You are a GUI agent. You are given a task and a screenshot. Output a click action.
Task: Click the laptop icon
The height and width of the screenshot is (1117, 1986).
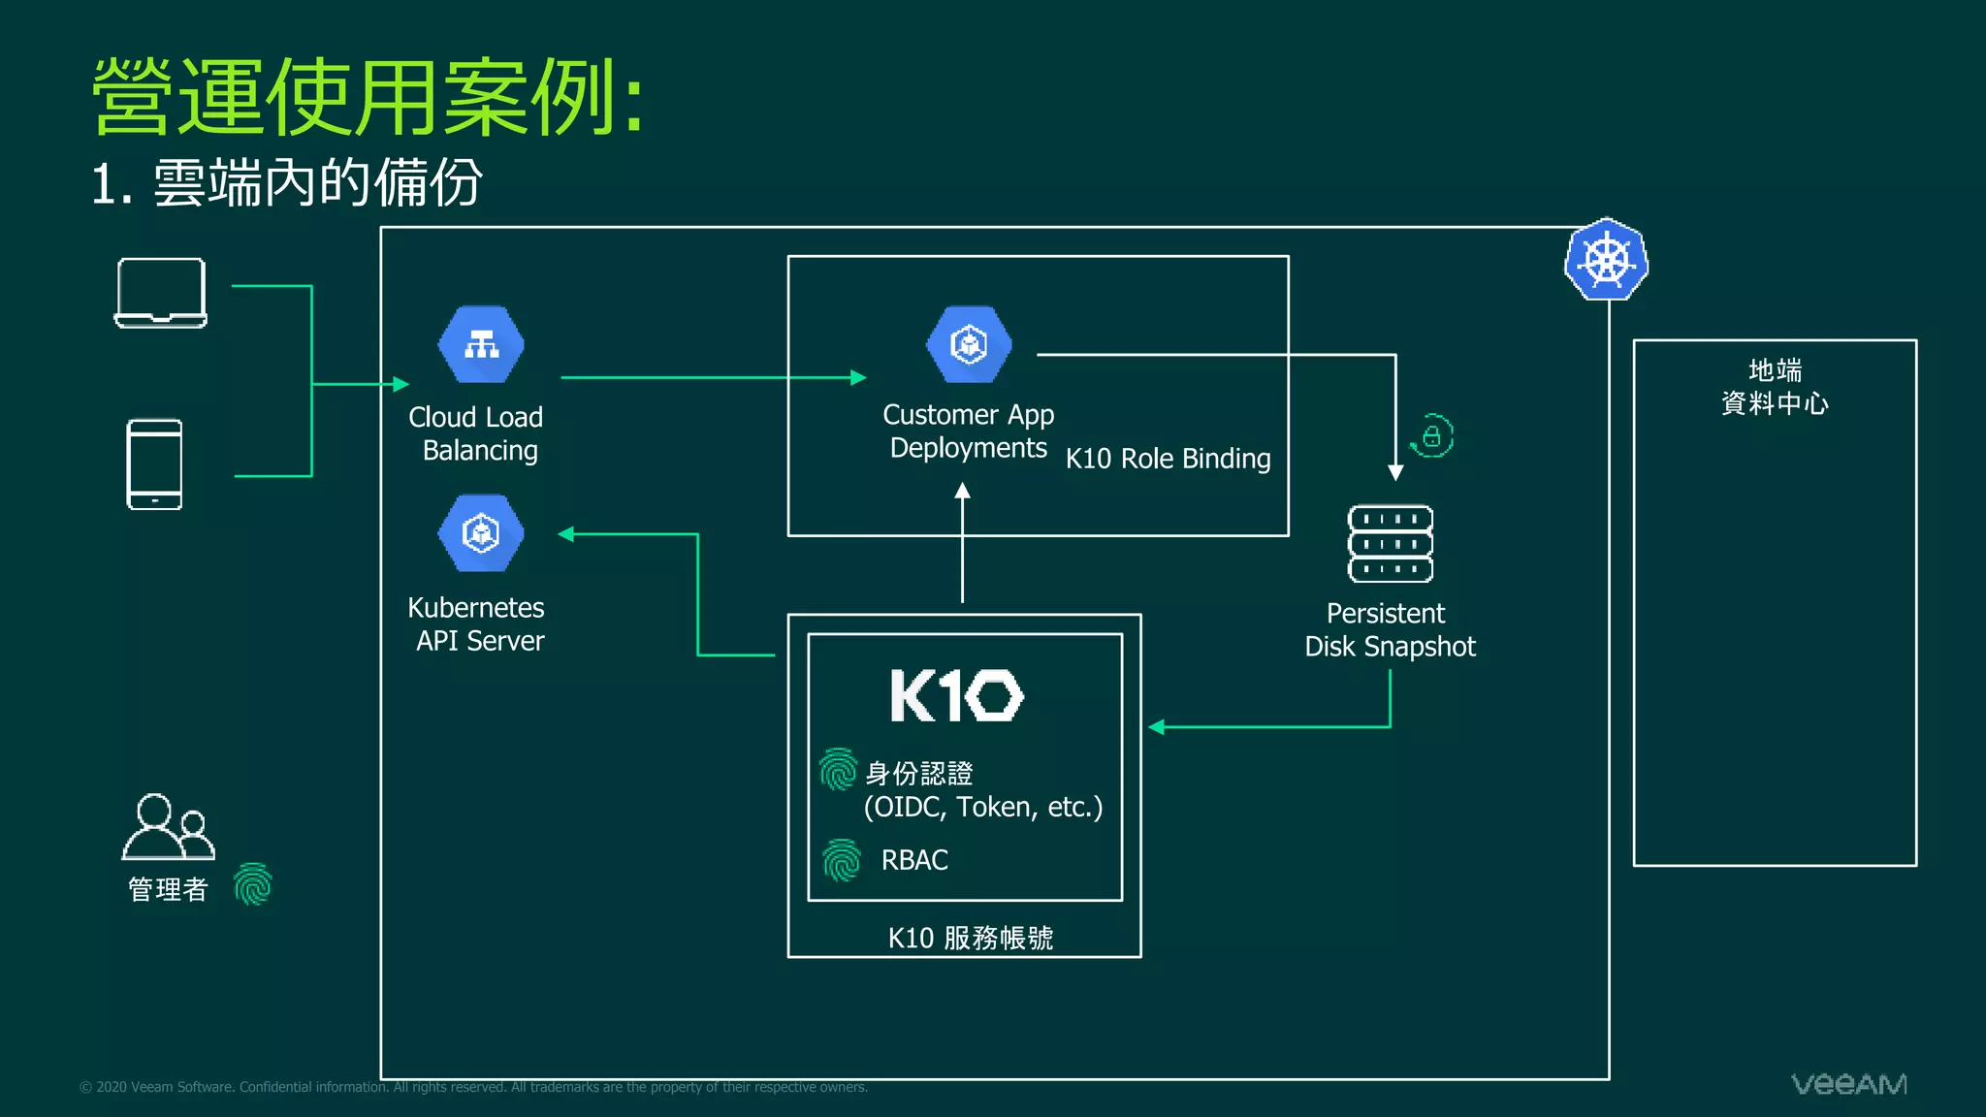(161, 293)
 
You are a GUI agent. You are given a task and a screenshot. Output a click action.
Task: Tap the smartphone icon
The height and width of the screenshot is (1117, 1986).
(154, 464)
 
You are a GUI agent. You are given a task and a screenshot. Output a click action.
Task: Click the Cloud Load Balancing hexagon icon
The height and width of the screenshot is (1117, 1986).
(481, 345)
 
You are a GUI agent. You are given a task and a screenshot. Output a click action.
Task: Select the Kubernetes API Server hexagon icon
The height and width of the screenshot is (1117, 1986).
(481, 533)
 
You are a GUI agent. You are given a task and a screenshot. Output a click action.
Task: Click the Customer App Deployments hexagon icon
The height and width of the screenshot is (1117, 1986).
(969, 344)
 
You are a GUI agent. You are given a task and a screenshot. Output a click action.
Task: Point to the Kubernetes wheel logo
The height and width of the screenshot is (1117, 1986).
(1606, 260)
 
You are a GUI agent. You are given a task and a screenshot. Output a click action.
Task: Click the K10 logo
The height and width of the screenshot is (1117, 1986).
(956, 695)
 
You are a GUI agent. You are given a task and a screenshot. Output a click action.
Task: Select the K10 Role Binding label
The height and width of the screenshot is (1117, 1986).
(1168, 459)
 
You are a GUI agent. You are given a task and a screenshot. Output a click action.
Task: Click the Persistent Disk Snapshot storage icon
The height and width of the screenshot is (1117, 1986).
(1390, 544)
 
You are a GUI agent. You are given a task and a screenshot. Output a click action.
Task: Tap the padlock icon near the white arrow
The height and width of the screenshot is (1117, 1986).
(1432, 436)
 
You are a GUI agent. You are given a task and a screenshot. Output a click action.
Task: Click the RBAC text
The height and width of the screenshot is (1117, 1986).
(914, 860)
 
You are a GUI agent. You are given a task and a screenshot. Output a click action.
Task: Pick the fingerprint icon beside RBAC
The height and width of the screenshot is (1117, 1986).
(841, 860)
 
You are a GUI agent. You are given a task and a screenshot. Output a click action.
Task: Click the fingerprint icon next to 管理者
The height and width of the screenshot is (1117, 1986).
(253, 884)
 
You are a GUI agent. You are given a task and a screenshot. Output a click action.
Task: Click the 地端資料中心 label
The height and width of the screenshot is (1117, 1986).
(1775, 387)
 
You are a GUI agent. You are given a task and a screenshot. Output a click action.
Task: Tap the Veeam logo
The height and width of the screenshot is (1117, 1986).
(1848, 1084)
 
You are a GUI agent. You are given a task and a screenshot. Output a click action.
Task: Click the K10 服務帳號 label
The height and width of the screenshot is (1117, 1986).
(970, 938)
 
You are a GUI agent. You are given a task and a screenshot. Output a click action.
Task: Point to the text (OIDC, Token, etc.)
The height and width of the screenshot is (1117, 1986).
(982, 807)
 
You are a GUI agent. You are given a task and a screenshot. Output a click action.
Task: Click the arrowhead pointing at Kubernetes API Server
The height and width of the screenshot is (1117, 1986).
(566, 533)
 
